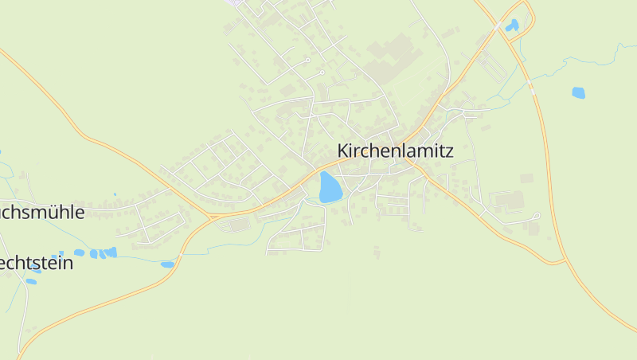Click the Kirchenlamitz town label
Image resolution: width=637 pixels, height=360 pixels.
coord(395,151)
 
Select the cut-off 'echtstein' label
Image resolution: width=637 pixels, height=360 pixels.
coord(37,263)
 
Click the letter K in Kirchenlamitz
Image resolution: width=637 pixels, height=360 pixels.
coord(343,151)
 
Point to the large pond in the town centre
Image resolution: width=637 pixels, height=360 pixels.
coord(330,187)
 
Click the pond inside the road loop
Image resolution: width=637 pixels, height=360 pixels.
coord(512,25)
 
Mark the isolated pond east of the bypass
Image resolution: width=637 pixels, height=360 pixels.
coord(578,92)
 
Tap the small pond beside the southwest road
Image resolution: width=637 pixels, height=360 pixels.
coord(167,264)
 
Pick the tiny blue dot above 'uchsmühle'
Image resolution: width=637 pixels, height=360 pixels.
coord(115,194)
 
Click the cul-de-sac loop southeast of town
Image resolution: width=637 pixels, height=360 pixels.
coord(537,215)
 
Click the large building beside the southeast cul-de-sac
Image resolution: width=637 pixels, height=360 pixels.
coord(510,200)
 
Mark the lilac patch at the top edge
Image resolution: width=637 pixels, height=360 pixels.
coord(236,3)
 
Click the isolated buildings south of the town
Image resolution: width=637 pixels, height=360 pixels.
coord(376,252)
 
